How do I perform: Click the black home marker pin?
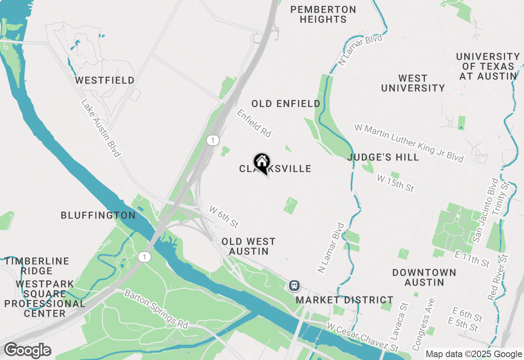click(x=262, y=163)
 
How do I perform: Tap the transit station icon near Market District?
click(x=294, y=285)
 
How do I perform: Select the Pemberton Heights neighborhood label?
click(x=323, y=14)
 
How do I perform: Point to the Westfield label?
click(x=105, y=80)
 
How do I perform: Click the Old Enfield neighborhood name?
click(x=286, y=104)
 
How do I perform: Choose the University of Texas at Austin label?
click(x=488, y=66)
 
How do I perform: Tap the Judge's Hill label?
click(x=383, y=157)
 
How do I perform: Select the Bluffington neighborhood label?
click(x=98, y=215)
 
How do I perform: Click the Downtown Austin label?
click(x=424, y=277)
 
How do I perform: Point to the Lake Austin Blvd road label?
click(x=101, y=128)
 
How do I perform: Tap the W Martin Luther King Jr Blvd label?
click(x=409, y=143)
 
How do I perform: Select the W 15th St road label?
click(x=395, y=183)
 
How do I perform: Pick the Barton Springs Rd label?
click(x=156, y=309)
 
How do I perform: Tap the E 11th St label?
click(x=472, y=259)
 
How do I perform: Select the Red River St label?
click(x=497, y=277)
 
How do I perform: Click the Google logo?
click(x=27, y=350)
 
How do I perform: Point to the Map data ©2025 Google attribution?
click(x=473, y=354)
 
